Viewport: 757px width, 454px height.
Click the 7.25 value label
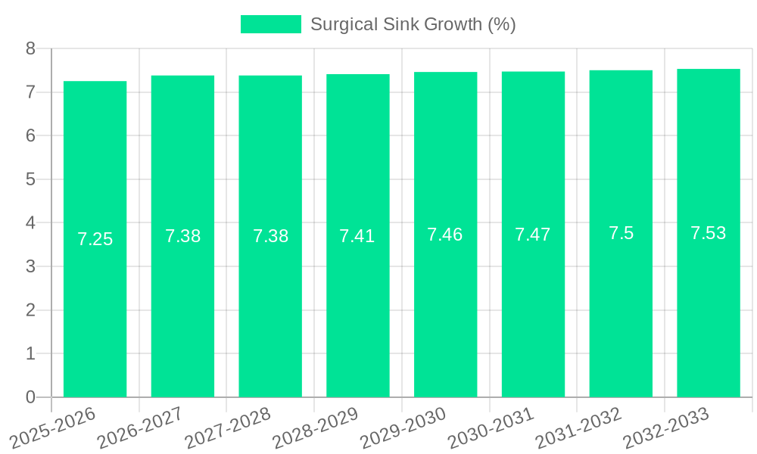(95, 239)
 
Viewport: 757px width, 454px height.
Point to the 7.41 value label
(357, 236)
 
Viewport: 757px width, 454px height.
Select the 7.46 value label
(445, 235)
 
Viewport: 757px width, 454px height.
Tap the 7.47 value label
(533, 235)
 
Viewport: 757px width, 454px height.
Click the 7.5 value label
(621, 233)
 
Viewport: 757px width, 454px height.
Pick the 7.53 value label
(709, 233)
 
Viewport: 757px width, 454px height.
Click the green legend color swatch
(270, 24)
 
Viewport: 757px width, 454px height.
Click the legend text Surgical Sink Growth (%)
(413, 24)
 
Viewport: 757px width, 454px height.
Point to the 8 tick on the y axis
(30, 48)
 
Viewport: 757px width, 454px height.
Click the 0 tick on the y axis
(30, 397)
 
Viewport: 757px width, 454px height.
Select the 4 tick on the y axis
(30, 223)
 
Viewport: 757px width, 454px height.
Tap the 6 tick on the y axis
(30, 135)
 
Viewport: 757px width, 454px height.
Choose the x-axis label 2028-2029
(316, 428)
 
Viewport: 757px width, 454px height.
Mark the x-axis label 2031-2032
(579, 428)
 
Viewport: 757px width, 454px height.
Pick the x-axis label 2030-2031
(491, 428)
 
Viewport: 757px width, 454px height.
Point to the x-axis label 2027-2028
(228, 428)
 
